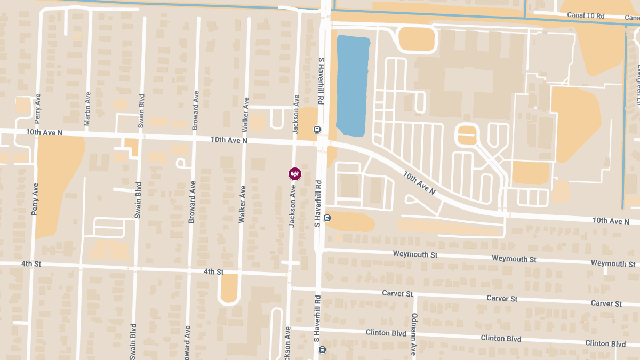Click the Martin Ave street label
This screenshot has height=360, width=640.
(87, 109)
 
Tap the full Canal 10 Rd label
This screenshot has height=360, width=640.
(585, 16)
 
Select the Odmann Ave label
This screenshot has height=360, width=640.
(414, 334)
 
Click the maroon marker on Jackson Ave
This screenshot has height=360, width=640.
(294, 174)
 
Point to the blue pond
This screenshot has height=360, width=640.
(352, 85)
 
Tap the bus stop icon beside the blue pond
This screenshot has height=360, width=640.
(317, 129)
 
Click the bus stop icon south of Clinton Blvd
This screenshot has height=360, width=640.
(322, 349)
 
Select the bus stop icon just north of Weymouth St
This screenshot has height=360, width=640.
(327, 218)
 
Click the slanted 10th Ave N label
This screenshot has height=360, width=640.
(419, 183)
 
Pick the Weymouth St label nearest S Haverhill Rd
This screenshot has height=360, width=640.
(415, 254)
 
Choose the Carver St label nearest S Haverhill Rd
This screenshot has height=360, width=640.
(397, 294)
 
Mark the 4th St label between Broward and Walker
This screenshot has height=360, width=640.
(213, 272)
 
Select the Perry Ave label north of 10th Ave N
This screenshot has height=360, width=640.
(37, 109)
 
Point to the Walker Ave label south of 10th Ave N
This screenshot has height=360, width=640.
(242, 204)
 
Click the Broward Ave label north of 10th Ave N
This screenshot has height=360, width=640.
(196, 110)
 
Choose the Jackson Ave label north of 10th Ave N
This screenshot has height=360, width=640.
(296, 114)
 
